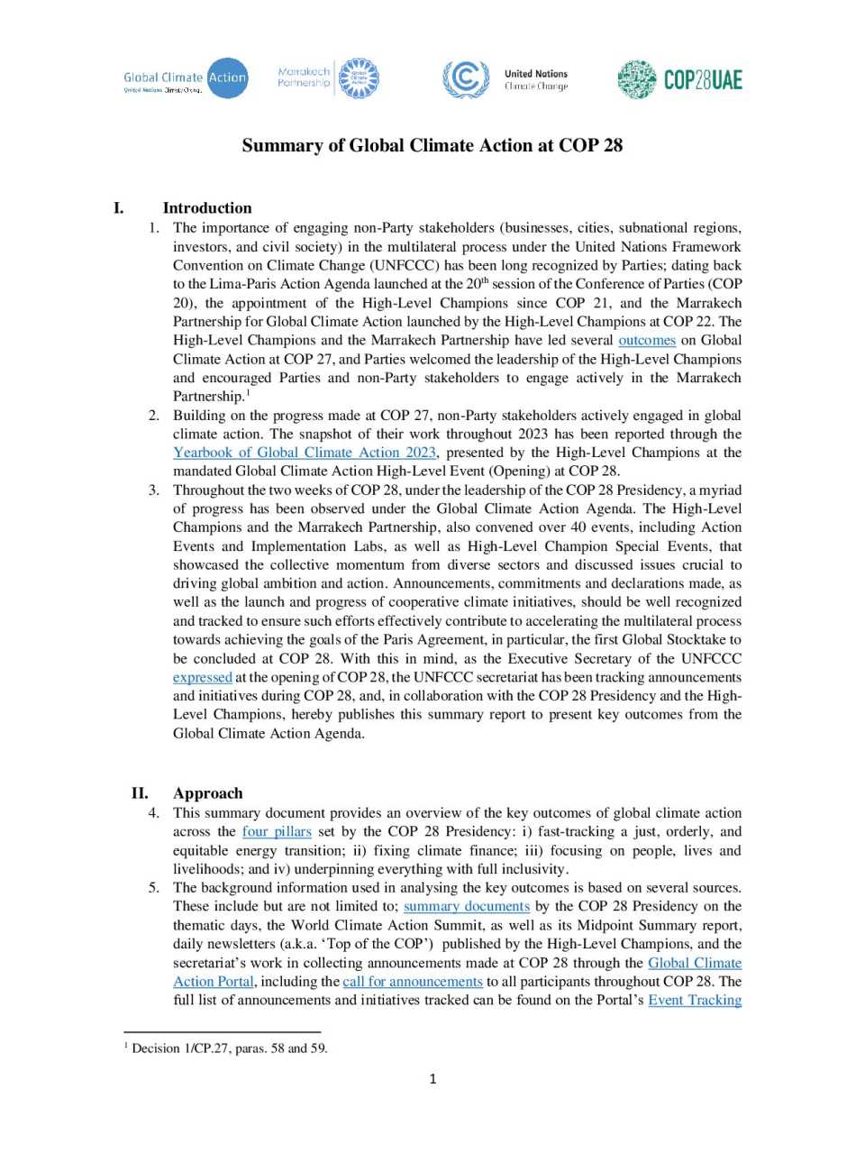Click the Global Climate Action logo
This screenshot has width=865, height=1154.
(x=186, y=79)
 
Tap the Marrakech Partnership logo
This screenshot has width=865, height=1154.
(x=328, y=78)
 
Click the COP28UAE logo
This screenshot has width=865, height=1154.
(x=680, y=79)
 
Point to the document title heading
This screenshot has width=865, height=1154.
(x=432, y=146)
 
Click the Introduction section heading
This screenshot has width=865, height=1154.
(x=207, y=208)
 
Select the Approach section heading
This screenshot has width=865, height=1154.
(x=208, y=793)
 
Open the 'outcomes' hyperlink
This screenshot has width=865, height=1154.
(x=647, y=340)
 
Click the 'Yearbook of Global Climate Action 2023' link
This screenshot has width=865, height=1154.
(x=305, y=453)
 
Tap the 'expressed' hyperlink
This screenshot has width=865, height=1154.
(x=203, y=677)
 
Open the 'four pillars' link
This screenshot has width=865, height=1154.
(x=277, y=831)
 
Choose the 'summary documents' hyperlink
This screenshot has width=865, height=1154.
(x=467, y=906)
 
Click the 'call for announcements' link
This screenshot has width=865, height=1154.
(x=413, y=981)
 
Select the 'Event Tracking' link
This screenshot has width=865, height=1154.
(x=695, y=1000)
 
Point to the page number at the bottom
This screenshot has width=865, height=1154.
(x=432, y=1079)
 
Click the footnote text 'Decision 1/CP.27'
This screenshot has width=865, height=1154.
(x=180, y=1049)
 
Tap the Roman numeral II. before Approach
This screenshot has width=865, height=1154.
(x=140, y=793)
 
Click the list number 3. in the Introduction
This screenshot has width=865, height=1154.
(x=154, y=490)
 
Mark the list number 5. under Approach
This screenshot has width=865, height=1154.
(x=154, y=887)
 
